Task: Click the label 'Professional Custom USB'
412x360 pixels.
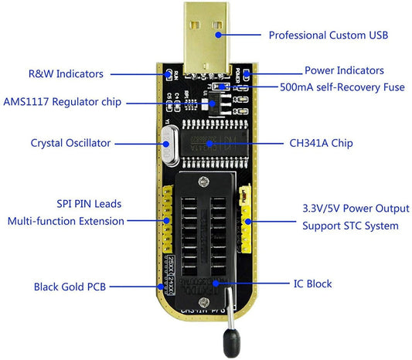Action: (328, 36)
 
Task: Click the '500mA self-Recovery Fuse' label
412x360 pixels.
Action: (342, 87)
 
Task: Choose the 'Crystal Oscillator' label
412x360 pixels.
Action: (71, 143)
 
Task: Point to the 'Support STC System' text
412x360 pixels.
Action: (349, 226)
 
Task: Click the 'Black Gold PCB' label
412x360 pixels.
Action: (70, 287)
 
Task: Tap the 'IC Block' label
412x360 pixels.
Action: (312, 284)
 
